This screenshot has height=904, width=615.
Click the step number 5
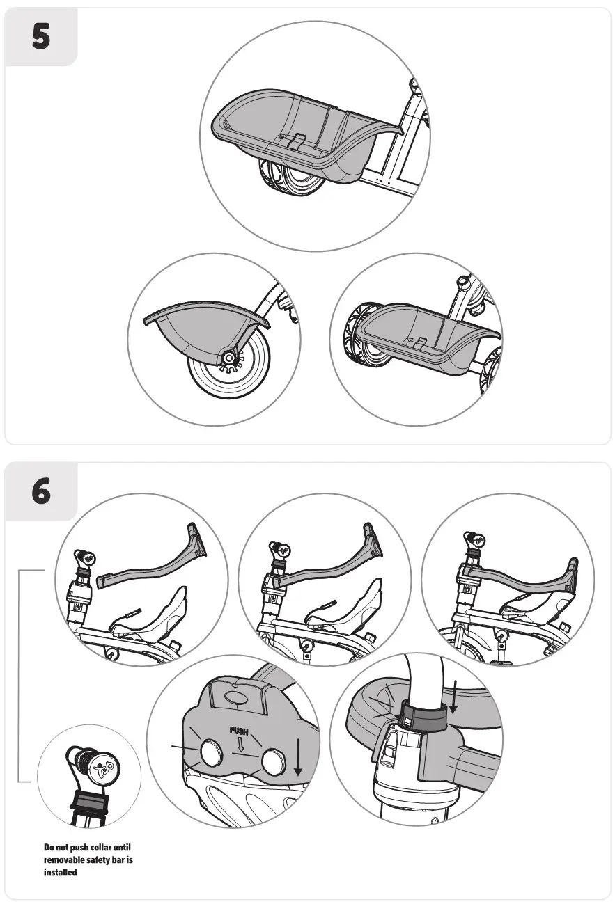tap(41, 37)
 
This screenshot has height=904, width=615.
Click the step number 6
tap(41, 492)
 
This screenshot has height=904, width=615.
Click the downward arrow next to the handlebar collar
tap(453, 696)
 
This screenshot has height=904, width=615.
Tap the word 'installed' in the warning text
tap(60, 872)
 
